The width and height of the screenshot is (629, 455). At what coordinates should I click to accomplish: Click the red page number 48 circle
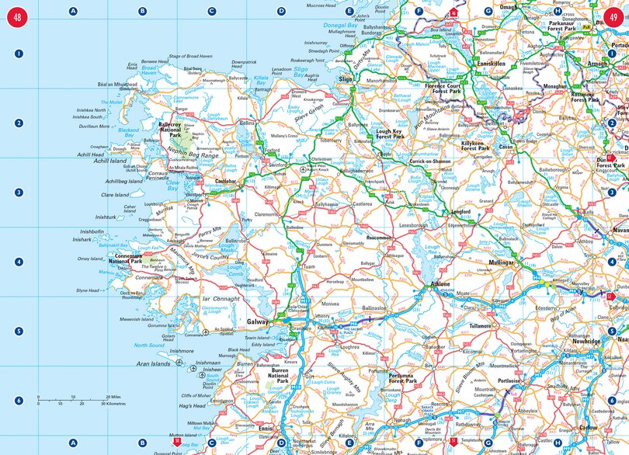point(16,16)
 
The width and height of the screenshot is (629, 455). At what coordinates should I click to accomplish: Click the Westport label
point(195,195)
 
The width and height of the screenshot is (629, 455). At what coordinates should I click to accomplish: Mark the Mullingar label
point(501,263)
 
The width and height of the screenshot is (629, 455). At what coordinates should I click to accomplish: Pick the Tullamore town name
point(486,326)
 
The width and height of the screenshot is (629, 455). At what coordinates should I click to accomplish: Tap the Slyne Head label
point(88,290)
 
